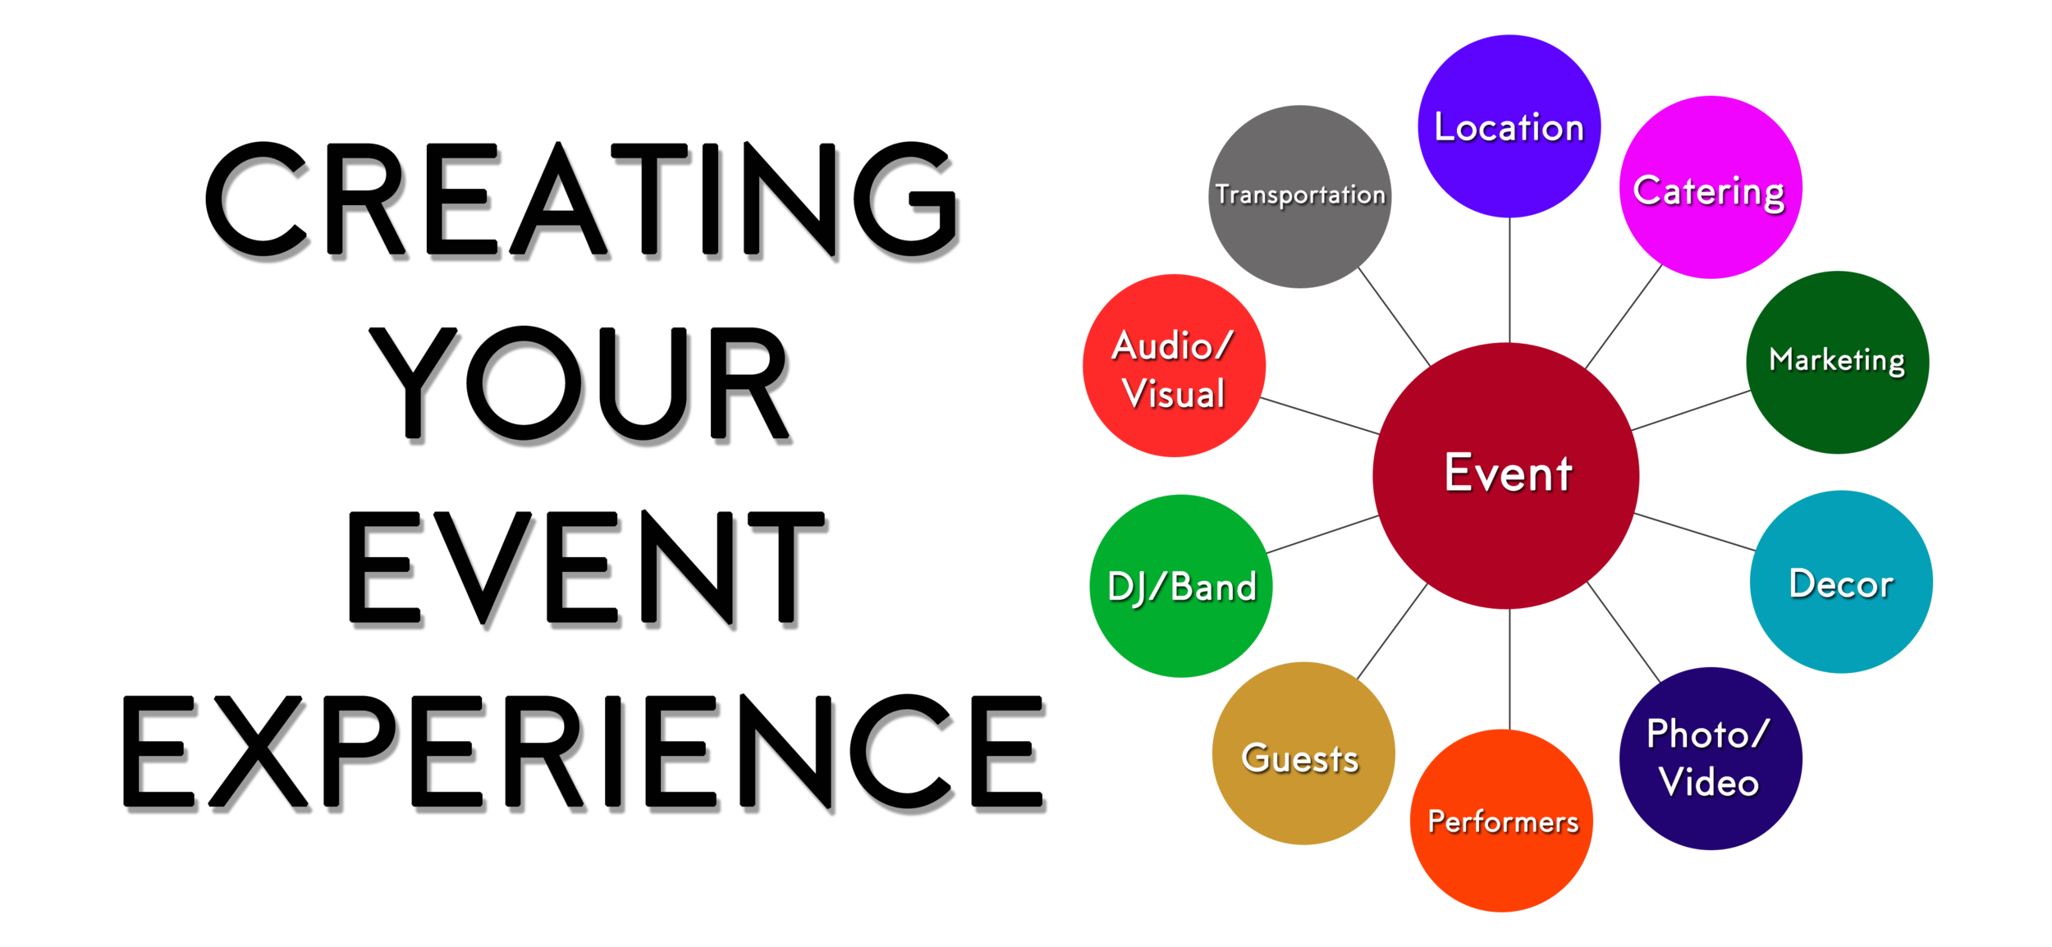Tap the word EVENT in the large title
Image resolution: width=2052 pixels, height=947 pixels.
(579, 570)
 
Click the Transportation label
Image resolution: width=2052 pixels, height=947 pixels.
(1300, 194)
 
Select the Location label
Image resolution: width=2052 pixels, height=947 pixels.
(1509, 127)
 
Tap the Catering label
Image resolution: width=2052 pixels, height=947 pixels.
(1708, 191)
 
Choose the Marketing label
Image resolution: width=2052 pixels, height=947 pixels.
(1836, 359)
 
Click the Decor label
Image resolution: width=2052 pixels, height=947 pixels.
(1841, 583)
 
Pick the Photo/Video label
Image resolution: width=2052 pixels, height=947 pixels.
(1707, 757)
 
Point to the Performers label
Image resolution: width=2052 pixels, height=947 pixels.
(1503, 821)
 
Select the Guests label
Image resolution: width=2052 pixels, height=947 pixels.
(1299, 757)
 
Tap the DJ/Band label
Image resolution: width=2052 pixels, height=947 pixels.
(1181, 587)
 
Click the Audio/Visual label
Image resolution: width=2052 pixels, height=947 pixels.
(1173, 369)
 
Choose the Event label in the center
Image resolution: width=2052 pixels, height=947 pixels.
(1508, 473)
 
